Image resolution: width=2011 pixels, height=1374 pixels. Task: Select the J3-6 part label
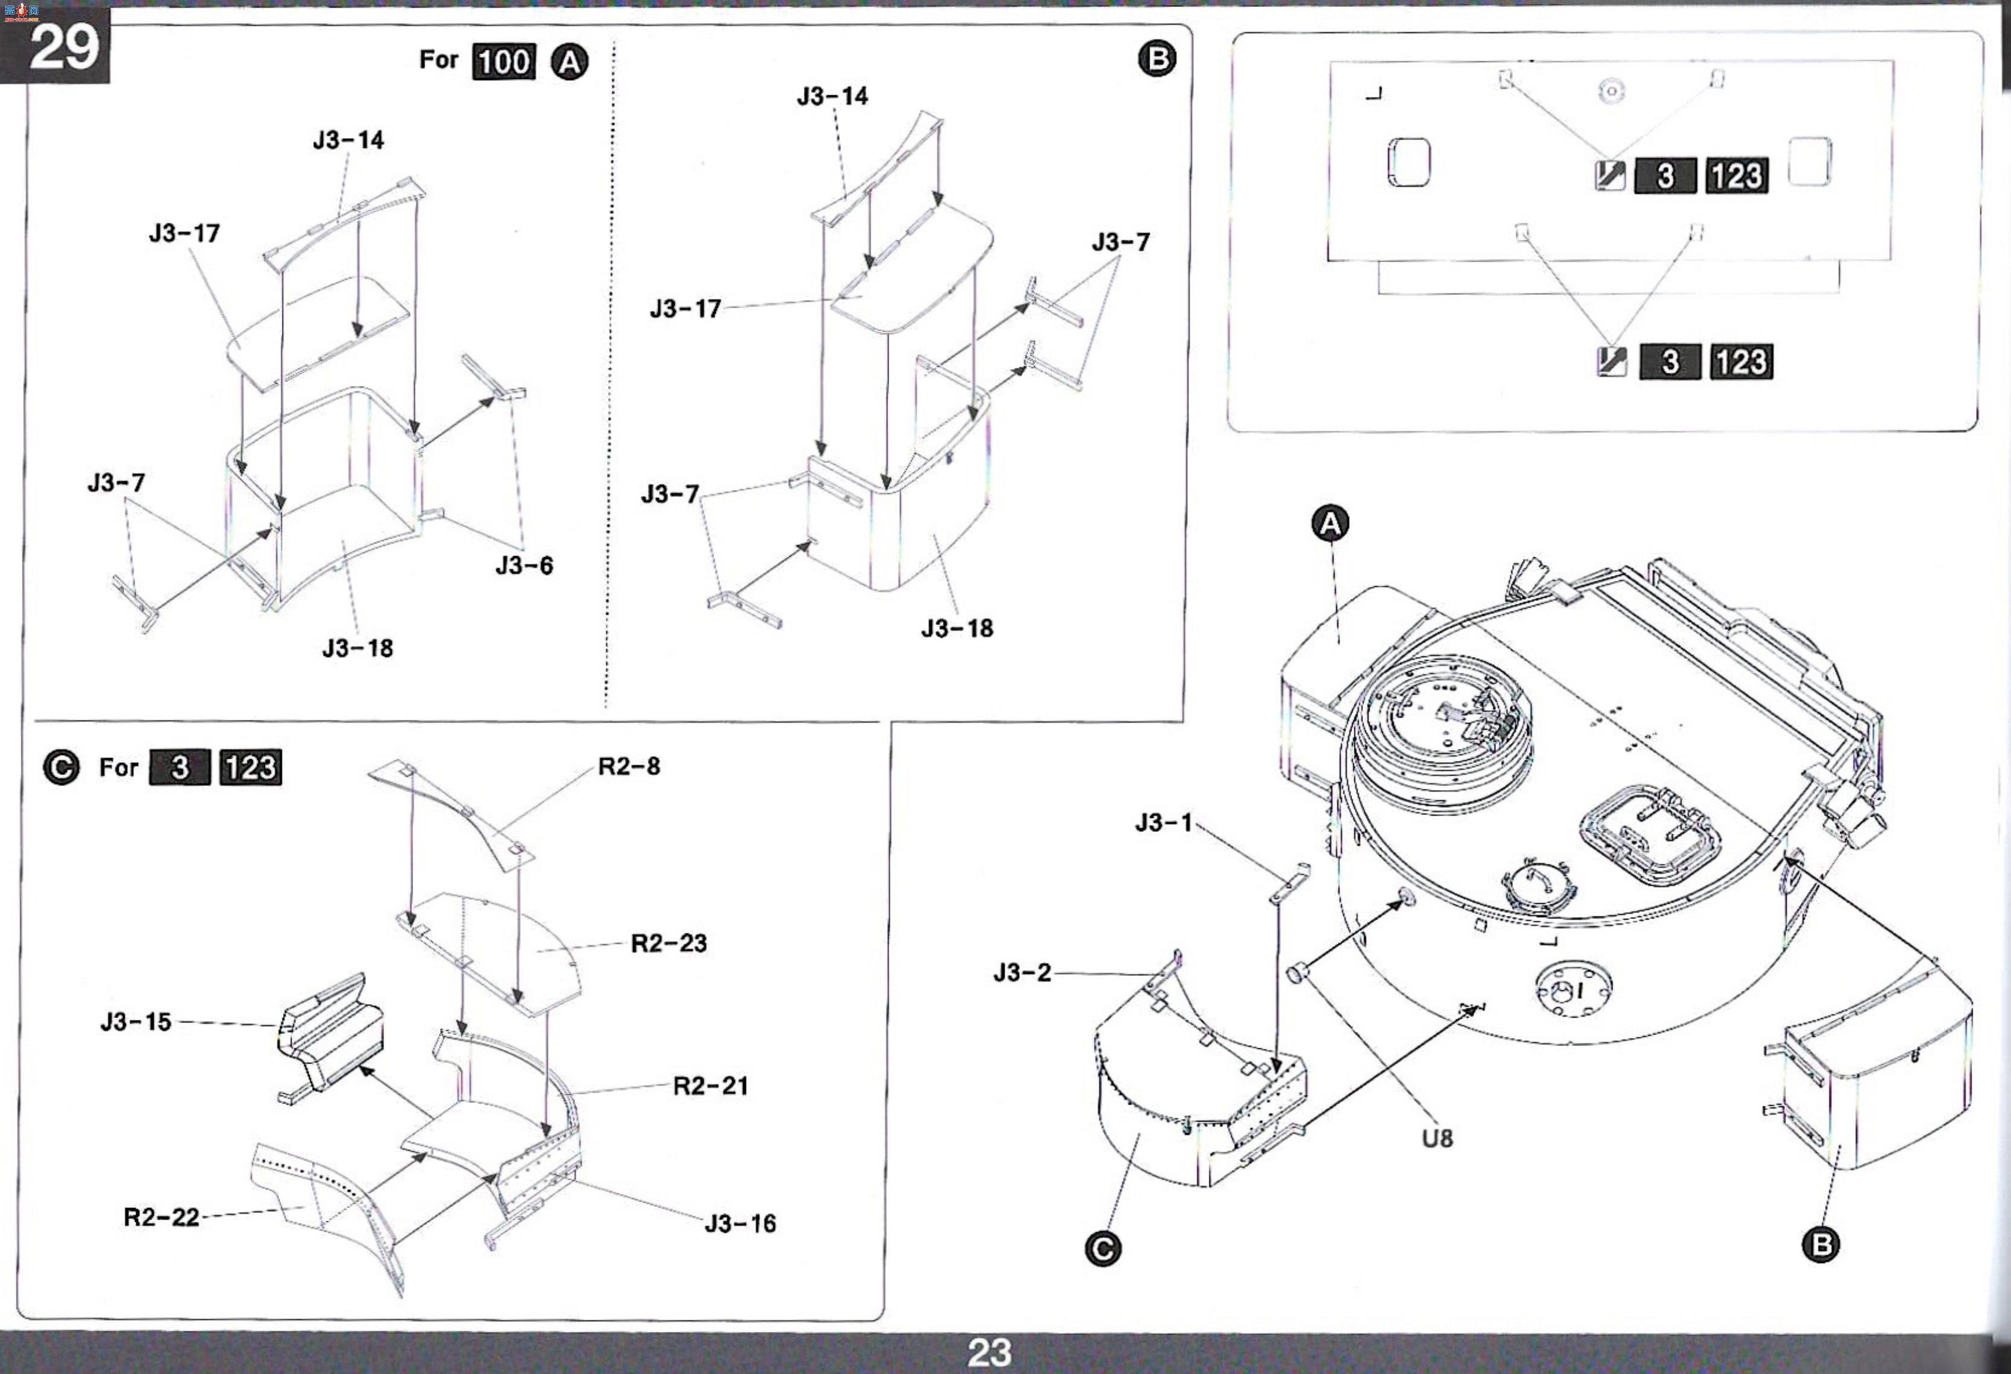(524, 565)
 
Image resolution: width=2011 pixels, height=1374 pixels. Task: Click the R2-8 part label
(629, 766)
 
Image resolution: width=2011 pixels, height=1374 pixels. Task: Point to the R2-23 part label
(669, 943)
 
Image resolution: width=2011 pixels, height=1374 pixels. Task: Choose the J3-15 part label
(136, 1022)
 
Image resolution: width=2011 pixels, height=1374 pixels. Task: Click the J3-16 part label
(740, 1223)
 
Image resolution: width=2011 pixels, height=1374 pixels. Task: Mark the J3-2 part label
(1022, 973)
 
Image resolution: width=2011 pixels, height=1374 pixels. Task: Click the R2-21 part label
(711, 1086)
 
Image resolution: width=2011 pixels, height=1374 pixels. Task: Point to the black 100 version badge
(503, 62)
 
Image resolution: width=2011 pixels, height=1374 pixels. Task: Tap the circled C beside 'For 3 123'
(60, 767)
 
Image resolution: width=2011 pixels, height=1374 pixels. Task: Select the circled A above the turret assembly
(1331, 523)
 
